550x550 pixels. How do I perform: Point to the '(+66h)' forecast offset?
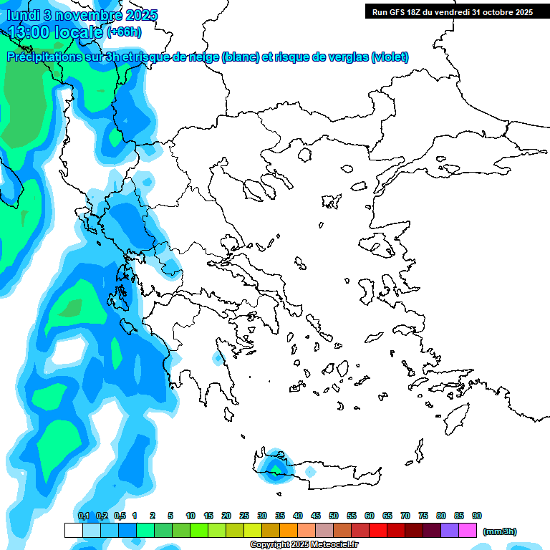124,32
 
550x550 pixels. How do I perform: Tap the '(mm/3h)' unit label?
499,531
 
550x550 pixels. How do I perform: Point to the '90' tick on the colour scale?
477,516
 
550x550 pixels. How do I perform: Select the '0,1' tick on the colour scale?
83,516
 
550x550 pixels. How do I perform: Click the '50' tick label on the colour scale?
334,516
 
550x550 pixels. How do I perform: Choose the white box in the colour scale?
73,530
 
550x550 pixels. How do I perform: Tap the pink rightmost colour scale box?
468,530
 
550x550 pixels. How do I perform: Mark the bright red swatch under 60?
378,530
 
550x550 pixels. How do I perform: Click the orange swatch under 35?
289,530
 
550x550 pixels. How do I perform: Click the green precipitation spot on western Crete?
275,469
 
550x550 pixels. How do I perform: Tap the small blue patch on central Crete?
310,473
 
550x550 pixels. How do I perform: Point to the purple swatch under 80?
450,530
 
